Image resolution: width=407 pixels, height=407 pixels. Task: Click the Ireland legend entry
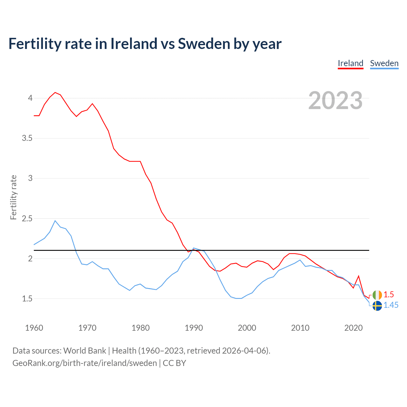(350, 63)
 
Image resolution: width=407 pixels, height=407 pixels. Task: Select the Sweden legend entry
(384, 63)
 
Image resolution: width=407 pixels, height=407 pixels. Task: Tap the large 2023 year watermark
(335, 100)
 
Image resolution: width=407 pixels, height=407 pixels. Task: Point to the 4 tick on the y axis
(30, 98)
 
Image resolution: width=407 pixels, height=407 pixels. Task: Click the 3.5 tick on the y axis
(27, 138)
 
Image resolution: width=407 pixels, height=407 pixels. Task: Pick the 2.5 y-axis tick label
(27, 218)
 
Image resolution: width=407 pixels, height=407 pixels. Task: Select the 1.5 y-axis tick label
(27, 299)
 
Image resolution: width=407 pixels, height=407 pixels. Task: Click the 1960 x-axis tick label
(34, 328)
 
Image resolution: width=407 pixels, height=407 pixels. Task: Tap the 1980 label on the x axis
(141, 328)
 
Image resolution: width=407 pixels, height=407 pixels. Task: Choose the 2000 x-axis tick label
(247, 328)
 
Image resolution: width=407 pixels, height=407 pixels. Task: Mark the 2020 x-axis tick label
(353, 328)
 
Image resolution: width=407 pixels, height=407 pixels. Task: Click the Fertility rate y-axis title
(13, 197)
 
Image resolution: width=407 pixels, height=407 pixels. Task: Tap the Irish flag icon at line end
(377, 295)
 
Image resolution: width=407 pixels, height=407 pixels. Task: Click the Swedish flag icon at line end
(377, 306)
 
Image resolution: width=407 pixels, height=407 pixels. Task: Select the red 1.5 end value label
(389, 294)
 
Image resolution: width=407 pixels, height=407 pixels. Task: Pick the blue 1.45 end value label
(391, 305)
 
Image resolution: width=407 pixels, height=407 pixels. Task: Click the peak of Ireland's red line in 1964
(55, 93)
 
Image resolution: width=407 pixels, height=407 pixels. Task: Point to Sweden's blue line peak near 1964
(55, 221)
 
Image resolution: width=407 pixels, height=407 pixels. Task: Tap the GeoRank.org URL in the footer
(85, 363)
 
